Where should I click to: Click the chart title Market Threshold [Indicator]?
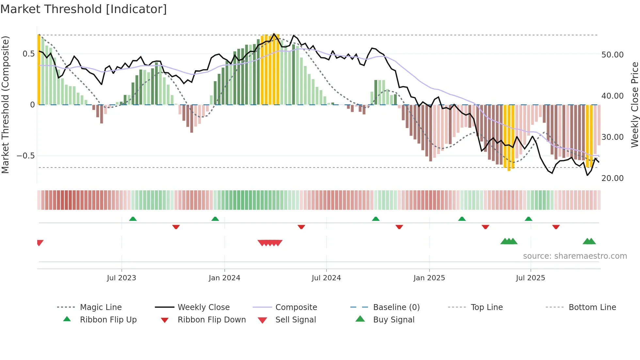point(84,9)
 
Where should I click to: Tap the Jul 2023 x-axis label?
point(121,278)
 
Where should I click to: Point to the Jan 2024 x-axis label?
point(224,278)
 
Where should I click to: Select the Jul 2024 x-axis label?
point(326,278)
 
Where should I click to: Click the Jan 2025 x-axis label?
point(429,278)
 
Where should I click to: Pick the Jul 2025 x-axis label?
point(531,278)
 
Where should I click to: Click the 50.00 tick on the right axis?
point(612,55)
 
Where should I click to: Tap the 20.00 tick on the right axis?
point(612,178)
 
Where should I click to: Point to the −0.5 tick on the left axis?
point(26,156)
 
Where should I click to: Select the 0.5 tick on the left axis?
point(29,54)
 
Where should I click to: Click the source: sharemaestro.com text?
point(575,256)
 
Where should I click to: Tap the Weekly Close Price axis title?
point(634,105)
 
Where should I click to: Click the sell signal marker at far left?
point(40,242)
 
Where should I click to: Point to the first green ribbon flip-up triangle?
point(133,219)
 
